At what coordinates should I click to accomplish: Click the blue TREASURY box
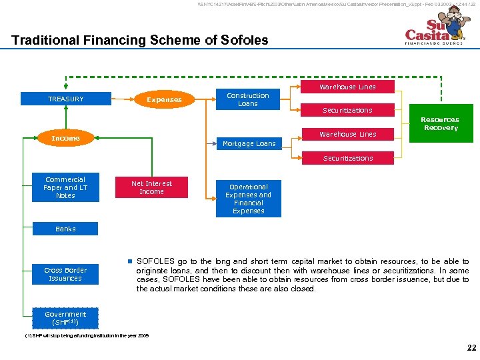tap(65, 99)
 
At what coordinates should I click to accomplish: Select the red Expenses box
tap(164, 99)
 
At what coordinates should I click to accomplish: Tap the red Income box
tap(65, 138)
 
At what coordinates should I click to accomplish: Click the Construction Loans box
tap(248, 99)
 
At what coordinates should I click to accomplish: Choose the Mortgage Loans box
tap(249, 143)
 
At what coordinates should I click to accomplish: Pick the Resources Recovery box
tap(441, 123)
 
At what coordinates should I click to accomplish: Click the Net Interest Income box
tap(151, 187)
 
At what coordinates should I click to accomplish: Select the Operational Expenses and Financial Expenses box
tap(249, 199)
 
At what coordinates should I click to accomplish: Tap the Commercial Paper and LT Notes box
tap(65, 187)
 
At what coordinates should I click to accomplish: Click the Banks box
tap(65, 229)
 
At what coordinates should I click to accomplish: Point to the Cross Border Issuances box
tap(65, 274)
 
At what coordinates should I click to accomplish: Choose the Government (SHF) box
tap(65, 318)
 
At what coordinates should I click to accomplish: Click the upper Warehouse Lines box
tap(347, 87)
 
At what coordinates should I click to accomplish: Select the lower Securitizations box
tap(347, 158)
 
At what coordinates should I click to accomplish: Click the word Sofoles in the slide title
tap(244, 40)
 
